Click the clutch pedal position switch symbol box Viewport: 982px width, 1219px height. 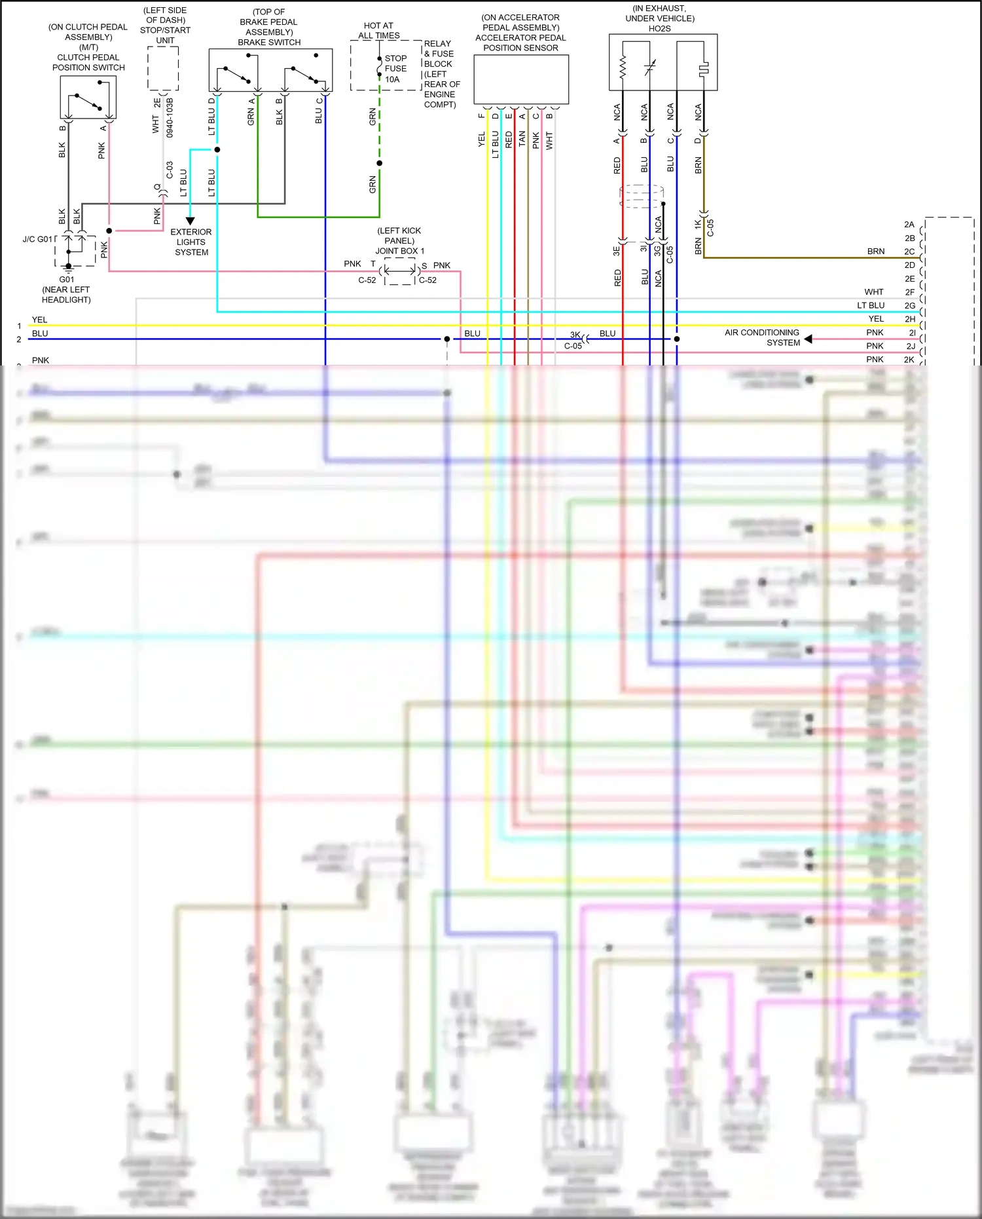[x=88, y=97]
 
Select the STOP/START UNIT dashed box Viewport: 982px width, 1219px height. [x=163, y=68]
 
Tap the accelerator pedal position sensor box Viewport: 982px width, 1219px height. [x=521, y=79]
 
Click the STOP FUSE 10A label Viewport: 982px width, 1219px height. [x=395, y=69]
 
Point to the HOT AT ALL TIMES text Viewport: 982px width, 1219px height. [x=378, y=31]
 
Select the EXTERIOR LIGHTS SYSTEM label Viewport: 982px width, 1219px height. [x=191, y=242]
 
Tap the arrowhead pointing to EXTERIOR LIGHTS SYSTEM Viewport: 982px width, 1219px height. [x=191, y=221]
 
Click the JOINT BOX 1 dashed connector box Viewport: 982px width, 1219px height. [x=399, y=271]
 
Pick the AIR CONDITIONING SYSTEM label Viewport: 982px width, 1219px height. [x=762, y=337]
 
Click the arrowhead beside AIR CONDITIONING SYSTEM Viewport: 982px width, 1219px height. [x=808, y=339]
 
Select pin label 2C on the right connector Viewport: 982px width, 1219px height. [x=909, y=252]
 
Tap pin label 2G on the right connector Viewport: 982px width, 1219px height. [x=909, y=305]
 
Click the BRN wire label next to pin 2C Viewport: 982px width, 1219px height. [x=875, y=252]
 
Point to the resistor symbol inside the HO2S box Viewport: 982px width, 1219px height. [x=623, y=66]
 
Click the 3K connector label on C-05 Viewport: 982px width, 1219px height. [x=575, y=335]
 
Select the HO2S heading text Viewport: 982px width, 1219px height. [x=659, y=29]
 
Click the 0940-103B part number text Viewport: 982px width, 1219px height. [x=170, y=118]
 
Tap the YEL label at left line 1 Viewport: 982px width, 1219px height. [x=40, y=320]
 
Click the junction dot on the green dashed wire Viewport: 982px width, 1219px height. [x=380, y=163]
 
